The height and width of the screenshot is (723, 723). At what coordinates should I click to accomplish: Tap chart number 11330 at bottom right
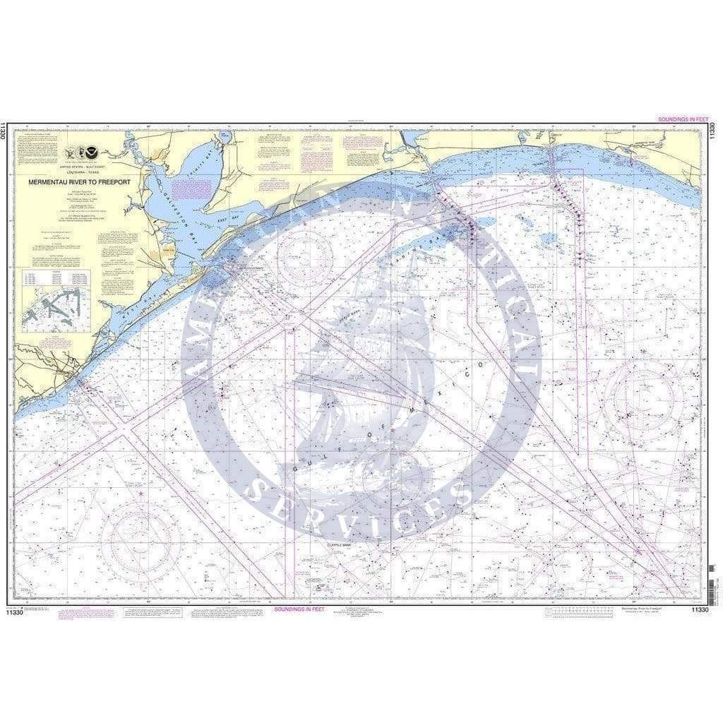[x=699, y=609]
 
